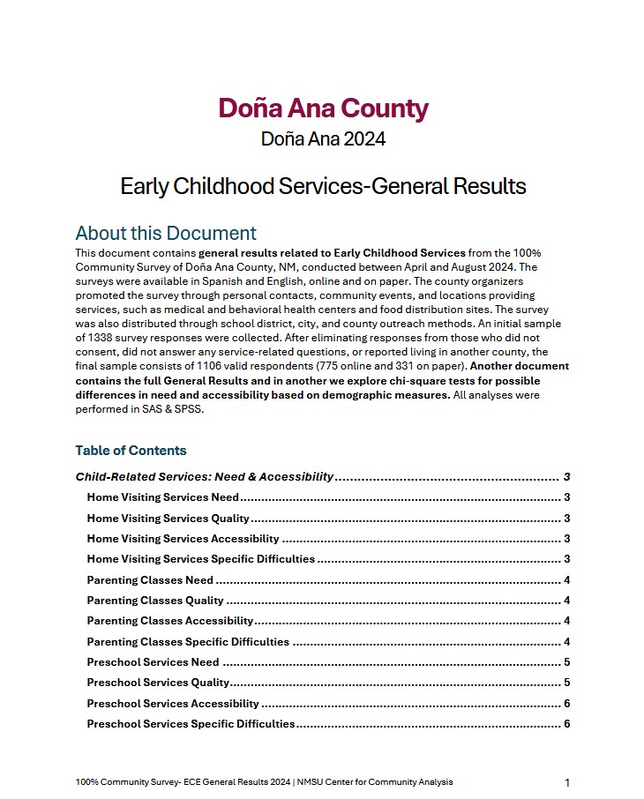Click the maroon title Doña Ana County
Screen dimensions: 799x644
(323, 108)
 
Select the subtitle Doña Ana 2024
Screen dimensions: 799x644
(323, 139)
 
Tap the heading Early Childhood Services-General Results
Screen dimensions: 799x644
(323, 187)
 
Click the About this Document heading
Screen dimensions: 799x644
(166, 233)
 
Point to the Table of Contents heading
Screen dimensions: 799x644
(131, 451)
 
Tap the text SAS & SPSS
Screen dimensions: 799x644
(176, 409)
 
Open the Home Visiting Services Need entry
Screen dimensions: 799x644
(162, 497)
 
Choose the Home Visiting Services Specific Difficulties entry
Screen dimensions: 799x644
(201, 559)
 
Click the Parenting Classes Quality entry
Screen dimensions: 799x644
(155, 601)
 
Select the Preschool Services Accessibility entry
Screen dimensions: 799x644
(173, 704)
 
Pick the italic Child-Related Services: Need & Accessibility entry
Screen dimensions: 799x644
(205, 477)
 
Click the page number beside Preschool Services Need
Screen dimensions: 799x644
(566, 662)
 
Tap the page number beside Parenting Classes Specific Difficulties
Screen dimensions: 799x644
(566, 642)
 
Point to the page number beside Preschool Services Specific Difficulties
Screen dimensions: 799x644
(566, 724)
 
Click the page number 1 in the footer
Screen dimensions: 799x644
(567, 782)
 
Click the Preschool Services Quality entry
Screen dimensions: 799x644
(158, 683)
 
